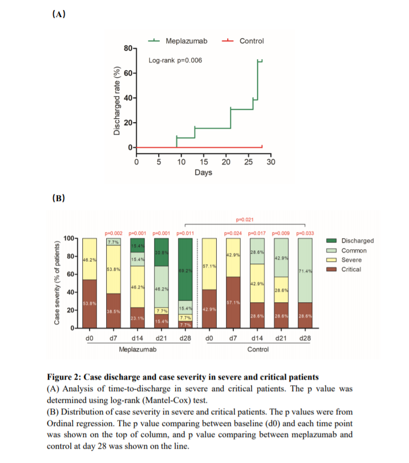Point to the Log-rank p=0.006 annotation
[x=175, y=60]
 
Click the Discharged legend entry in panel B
[x=357, y=241]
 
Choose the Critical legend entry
[x=352, y=269]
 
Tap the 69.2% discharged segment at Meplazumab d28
[x=184, y=271]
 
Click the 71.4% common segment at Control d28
[x=305, y=271]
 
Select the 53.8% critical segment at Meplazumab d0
[x=90, y=303]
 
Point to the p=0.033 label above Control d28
[x=305, y=233]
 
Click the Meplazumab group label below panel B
[x=137, y=349]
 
